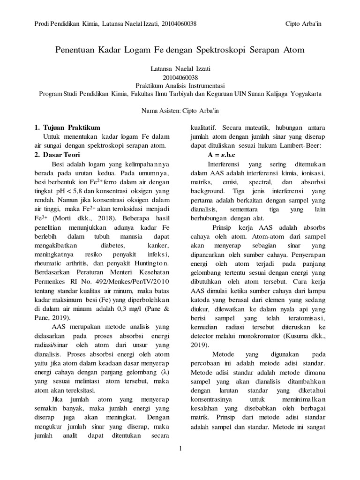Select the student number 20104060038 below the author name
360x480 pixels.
coord(180,77)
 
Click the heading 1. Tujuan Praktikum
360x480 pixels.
coord(67,127)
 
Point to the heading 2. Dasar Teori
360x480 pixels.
coord(59,155)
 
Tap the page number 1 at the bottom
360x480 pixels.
coord(180,449)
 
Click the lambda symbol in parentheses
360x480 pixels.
coord(164,372)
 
